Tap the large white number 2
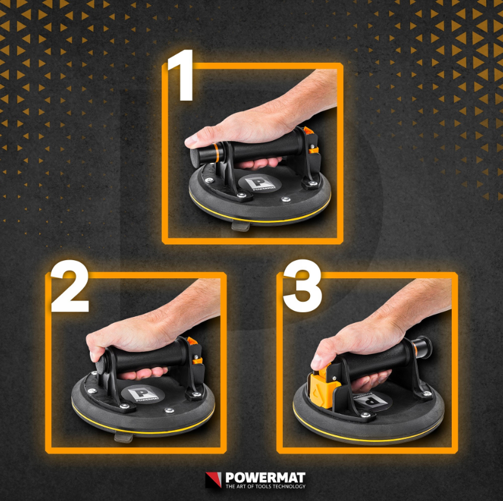click(69, 286)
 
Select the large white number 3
click(302, 286)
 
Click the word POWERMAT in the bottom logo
click(265, 477)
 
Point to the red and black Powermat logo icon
click(214, 480)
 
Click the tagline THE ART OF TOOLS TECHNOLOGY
click(265, 487)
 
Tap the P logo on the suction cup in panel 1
click(260, 183)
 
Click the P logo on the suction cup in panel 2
click(143, 394)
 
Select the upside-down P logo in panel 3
click(373, 400)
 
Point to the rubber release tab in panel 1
click(241, 226)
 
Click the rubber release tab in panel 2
click(124, 437)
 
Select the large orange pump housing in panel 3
click(324, 387)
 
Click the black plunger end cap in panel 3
click(426, 347)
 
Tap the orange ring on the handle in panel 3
click(415, 351)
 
